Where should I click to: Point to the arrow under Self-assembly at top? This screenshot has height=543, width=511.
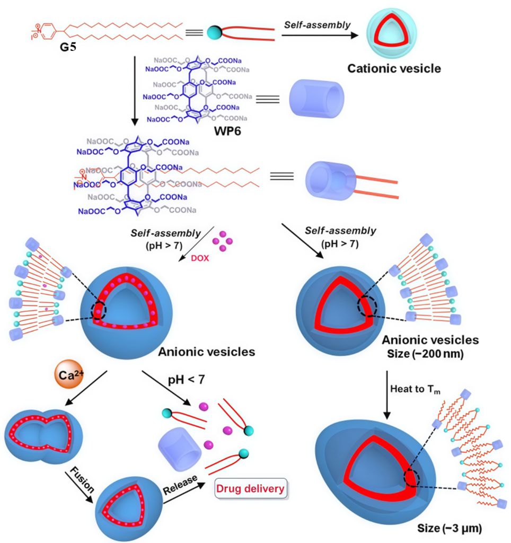[319, 35]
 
